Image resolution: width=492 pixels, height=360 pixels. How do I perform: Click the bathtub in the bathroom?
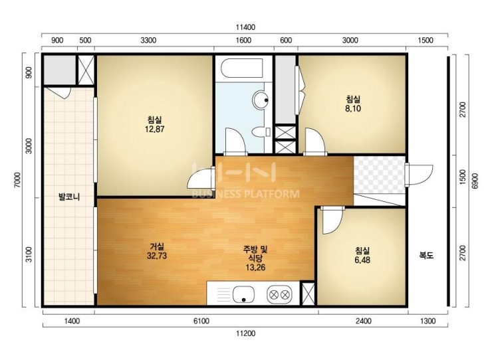[x=241, y=68]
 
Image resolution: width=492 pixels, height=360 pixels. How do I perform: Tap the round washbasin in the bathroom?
[x=261, y=99]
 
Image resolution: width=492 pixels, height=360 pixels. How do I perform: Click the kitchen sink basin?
[x=243, y=295]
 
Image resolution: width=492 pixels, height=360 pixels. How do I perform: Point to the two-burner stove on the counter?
[x=279, y=295]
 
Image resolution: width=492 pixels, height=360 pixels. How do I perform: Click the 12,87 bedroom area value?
[x=155, y=129]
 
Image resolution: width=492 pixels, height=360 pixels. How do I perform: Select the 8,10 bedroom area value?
[x=353, y=108]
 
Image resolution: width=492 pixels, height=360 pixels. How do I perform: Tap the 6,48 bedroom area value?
[x=362, y=260]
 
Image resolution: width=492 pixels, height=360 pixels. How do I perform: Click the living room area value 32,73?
[x=156, y=256]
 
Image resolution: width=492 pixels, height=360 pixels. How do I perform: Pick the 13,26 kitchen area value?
[x=255, y=268]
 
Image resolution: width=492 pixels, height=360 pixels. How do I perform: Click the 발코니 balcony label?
[x=69, y=197]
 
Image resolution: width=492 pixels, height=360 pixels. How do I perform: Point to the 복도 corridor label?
[x=426, y=255]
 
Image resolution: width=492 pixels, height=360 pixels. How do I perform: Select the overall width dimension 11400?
[x=246, y=27]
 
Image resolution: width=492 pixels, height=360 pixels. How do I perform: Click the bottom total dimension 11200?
[x=246, y=333]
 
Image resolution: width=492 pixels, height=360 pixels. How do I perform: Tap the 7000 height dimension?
[x=17, y=180]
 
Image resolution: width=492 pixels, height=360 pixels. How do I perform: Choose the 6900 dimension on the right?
[x=475, y=181]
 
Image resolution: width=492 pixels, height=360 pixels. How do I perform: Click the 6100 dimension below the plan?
[x=201, y=321]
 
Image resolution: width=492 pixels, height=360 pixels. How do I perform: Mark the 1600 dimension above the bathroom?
[x=243, y=40]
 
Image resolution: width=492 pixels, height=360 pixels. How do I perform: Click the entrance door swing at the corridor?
[x=420, y=175]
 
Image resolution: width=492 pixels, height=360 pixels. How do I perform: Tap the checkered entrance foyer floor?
[x=379, y=175]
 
